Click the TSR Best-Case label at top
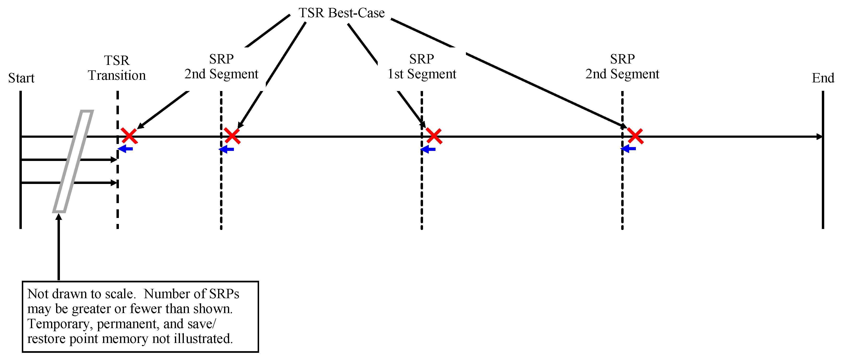(x=342, y=13)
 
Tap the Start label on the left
(x=21, y=78)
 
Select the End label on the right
(x=823, y=78)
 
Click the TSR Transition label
(x=117, y=68)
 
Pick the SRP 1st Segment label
(x=422, y=67)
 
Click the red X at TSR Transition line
(x=129, y=136)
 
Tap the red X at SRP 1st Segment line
(x=434, y=136)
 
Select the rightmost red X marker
(x=635, y=136)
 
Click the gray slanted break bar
(x=73, y=161)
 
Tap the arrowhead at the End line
(x=819, y=137)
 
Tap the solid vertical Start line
(x=21, y=196)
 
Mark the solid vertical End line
(x=823, y=196)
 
